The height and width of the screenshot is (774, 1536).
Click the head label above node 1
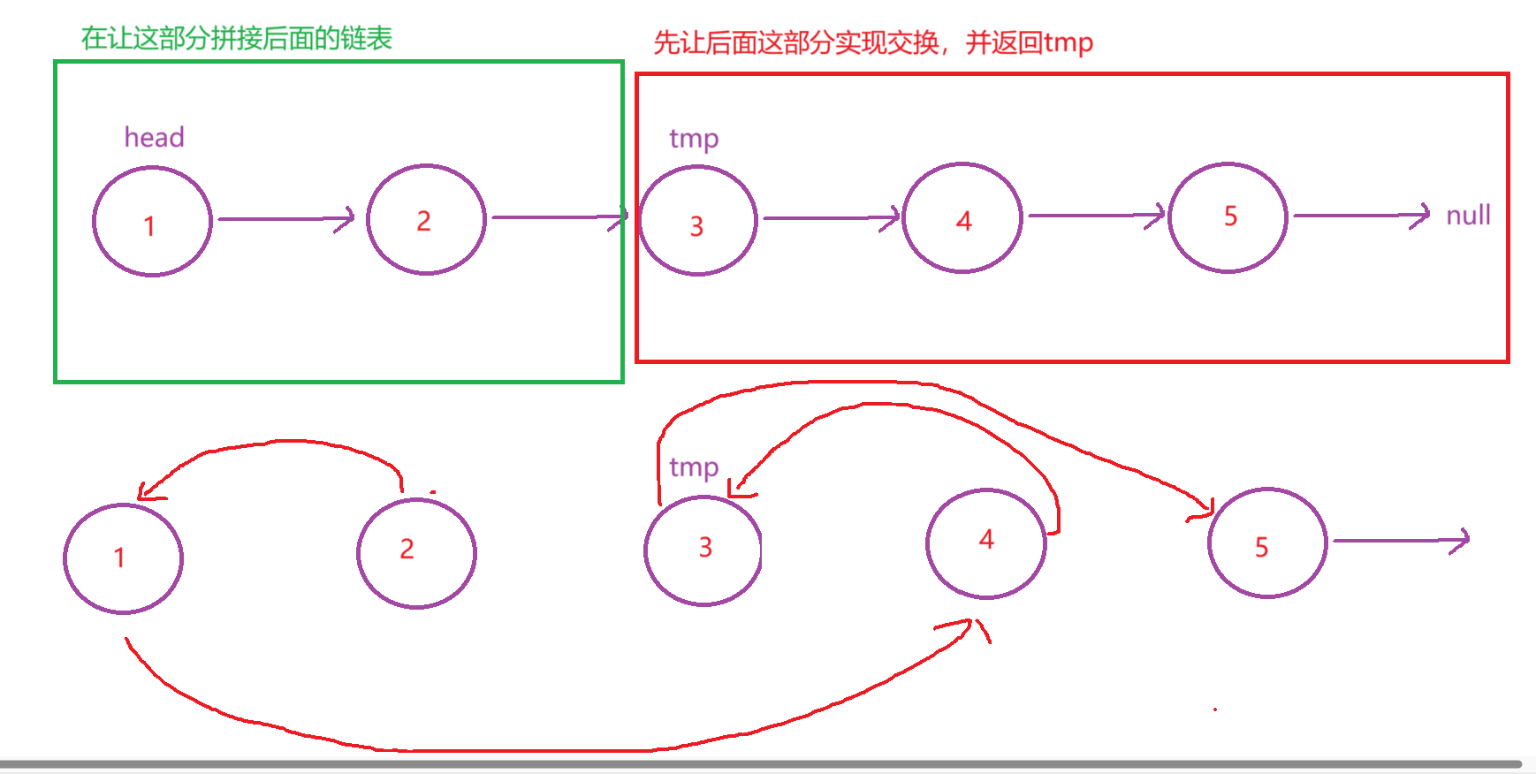[x=154, y=138]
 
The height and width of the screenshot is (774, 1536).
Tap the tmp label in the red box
[x=694, y=139]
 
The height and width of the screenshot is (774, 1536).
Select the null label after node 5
[x=1468, y=216]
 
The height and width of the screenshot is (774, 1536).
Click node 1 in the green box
[x=152, y=222]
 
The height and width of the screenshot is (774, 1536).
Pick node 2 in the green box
[x=426, y=219]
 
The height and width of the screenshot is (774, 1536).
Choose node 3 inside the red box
[x=698, y=221]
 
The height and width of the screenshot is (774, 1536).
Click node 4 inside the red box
[x=962, y=218]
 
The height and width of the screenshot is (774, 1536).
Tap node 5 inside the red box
[x=1228, y=217]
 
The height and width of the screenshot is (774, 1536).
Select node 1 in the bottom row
[x=123, y=558]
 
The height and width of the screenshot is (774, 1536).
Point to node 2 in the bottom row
[x=416, y=553]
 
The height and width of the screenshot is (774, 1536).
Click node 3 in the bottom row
[x=703, y=550]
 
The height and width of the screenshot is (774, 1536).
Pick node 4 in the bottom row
[x=986, y=543]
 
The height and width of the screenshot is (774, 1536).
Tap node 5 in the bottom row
[x=1267, y=543]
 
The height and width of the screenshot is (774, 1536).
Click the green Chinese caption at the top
[x=236, y=39]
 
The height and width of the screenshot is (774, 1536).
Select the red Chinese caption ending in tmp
[x=872, y=42]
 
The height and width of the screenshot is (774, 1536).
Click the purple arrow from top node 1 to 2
[x=285, y=219]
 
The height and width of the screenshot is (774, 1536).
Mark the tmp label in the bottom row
[x=694, y=467]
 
